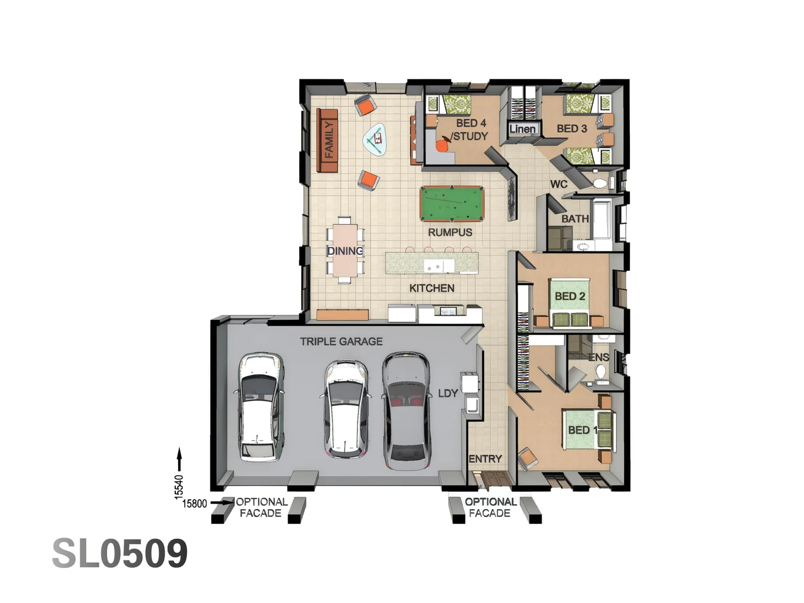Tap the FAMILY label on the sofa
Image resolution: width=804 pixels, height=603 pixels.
(x=329, y=140)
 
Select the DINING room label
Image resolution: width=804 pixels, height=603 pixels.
(x=345, y=251)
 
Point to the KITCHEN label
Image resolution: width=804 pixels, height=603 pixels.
(x=432, y=288)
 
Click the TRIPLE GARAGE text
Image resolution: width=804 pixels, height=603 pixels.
(x=341, y=341)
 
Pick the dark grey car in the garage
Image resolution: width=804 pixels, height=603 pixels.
(x=406, y=410)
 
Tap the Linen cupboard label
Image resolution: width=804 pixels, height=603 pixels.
(x=523, y=129)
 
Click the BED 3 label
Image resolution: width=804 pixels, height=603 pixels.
(x=572, y=128)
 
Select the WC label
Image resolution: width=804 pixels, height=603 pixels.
(x=558, y=184)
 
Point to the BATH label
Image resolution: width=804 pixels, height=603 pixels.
(x=575, y=219)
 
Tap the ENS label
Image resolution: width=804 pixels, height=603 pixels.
(x=599, y=357)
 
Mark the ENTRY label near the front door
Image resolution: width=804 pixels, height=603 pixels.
(x=485, y=459)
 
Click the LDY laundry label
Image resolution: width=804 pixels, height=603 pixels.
(x=448, y=393)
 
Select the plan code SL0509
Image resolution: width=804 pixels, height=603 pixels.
(x=120, y=553)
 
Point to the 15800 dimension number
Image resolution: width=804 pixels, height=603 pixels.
(x=194, y=504)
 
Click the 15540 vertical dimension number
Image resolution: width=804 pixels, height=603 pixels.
(x=179, y=486)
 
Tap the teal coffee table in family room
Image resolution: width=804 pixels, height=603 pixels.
(x=376, y=138)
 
